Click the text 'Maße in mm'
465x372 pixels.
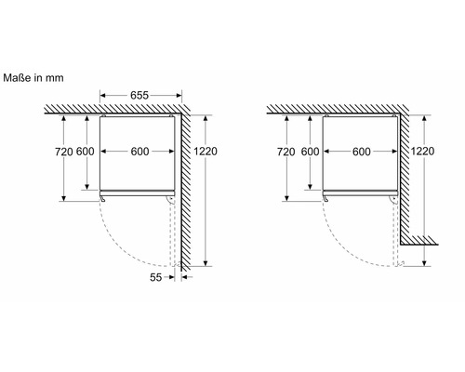(33, 77)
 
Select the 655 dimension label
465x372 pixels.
(139, 96)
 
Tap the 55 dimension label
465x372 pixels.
(156, 277)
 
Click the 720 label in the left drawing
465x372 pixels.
(64, 152)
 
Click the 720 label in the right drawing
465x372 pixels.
(286, 152)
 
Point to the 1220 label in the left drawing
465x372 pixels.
(206, 152)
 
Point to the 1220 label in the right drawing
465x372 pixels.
(422, 151)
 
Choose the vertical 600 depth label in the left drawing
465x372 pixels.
(86, 152)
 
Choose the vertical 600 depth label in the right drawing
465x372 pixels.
(310, 152)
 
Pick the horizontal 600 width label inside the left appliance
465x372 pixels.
(139, 152)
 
